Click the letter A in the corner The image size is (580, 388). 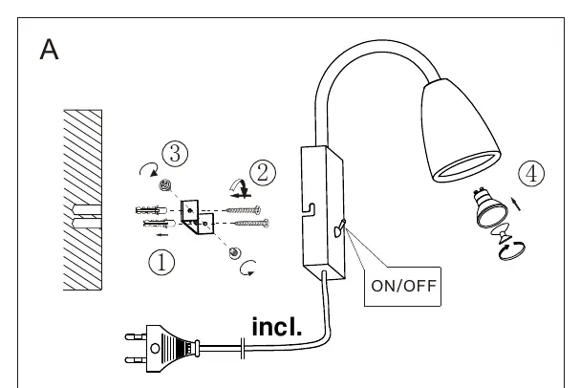coord(49,49)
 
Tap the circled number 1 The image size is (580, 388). coord(161,262)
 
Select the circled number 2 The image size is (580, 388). coord(263,172)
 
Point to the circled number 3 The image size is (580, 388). coord(175,154)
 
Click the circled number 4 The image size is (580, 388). coord(531,174)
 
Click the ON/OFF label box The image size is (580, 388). coord(403,287)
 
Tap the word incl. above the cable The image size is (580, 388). coord(277,327)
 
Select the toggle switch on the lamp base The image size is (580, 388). coord(339,228)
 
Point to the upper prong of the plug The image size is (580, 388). coord(136,337)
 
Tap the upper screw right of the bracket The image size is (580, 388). coord(244,210)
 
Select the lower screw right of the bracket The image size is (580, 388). coord(251,223)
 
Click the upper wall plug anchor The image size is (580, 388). coord(151,210)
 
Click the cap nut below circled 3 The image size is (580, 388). coord(165,185)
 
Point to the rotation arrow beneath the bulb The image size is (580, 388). coord(512,250)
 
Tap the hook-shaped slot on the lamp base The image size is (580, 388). coord(310,208)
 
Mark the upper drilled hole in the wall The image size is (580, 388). coord(87,209)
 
